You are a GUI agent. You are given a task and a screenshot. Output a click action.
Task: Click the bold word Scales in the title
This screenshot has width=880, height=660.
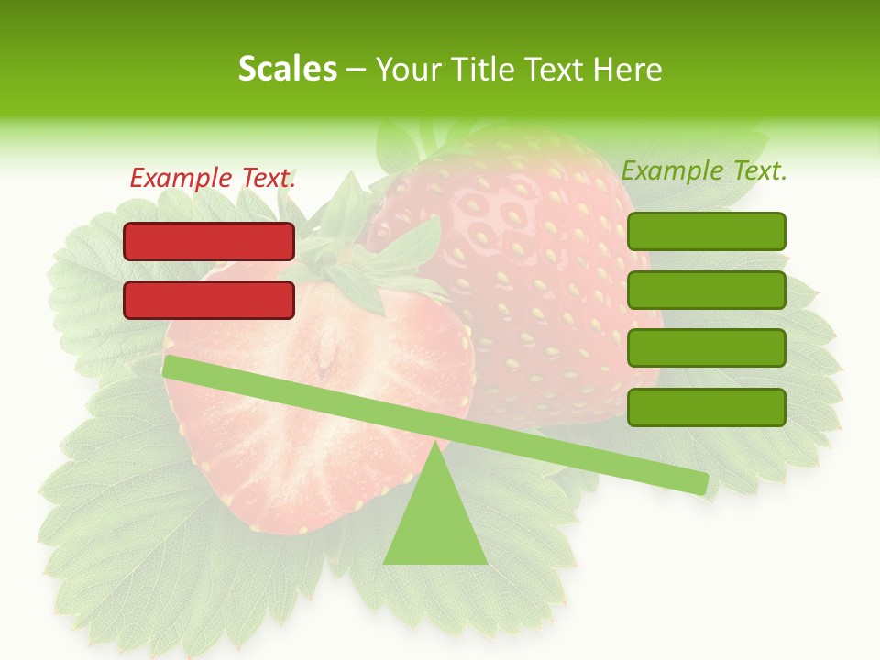coord(287,69)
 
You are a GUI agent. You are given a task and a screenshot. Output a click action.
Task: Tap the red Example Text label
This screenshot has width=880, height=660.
coord(213,178)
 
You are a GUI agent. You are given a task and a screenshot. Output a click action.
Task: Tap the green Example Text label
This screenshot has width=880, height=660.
coord(704,170)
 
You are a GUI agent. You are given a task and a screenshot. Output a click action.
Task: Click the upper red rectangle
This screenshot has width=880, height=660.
coord(209,242)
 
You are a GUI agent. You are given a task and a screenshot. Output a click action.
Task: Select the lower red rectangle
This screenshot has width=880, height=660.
coord(209,300)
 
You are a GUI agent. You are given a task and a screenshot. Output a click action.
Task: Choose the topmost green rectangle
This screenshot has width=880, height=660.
coord(706,231)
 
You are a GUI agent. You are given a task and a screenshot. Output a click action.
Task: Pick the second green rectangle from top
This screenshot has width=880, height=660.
coord(706,290)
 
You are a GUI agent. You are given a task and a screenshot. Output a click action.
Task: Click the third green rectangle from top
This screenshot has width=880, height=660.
coord(706,348)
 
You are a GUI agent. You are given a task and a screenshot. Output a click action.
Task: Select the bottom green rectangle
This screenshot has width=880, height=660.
coord(706,407)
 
